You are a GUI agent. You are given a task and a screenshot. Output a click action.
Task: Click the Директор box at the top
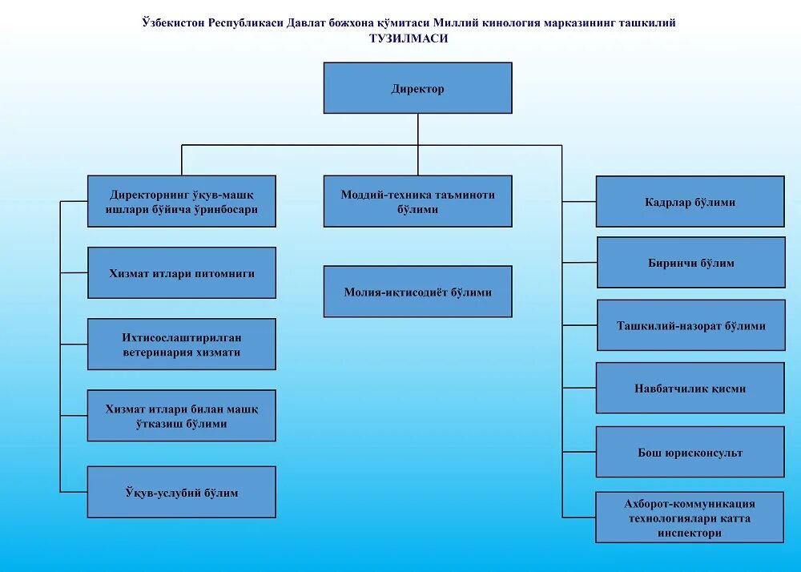[417, 88]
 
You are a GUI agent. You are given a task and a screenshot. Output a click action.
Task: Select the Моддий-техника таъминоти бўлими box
[417, 201]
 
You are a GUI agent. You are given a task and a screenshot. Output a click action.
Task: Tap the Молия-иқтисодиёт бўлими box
[417, 292]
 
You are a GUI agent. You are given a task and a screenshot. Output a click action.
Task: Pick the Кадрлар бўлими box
[690, 202]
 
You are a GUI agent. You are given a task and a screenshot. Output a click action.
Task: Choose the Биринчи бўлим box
[690, 263]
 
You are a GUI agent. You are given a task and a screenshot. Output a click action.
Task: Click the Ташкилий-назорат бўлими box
[690, 325]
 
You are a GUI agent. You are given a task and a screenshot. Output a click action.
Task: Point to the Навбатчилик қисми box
[690, 388]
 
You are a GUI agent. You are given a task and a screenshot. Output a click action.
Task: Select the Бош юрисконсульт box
[690, 452]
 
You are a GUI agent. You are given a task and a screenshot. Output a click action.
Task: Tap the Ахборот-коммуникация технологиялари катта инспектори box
[690, 518]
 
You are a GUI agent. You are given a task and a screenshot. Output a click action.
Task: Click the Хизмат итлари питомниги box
[182, 273]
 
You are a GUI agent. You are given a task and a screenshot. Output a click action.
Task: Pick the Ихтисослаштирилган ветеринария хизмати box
[182, 344]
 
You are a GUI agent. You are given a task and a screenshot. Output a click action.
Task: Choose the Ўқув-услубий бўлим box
[182, 492]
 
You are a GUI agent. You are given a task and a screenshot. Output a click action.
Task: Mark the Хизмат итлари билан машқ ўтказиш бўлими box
[182, 416]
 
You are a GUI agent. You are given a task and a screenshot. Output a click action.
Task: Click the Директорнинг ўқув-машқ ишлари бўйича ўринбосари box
[182, 201]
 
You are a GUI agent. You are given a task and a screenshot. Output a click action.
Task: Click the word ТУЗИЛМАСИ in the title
[409, 38]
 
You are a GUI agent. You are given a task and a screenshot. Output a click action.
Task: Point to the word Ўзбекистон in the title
[173, 23]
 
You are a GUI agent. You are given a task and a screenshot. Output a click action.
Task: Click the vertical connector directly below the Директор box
[417, 129]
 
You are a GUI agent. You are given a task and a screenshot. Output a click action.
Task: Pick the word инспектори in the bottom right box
[690, 533]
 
